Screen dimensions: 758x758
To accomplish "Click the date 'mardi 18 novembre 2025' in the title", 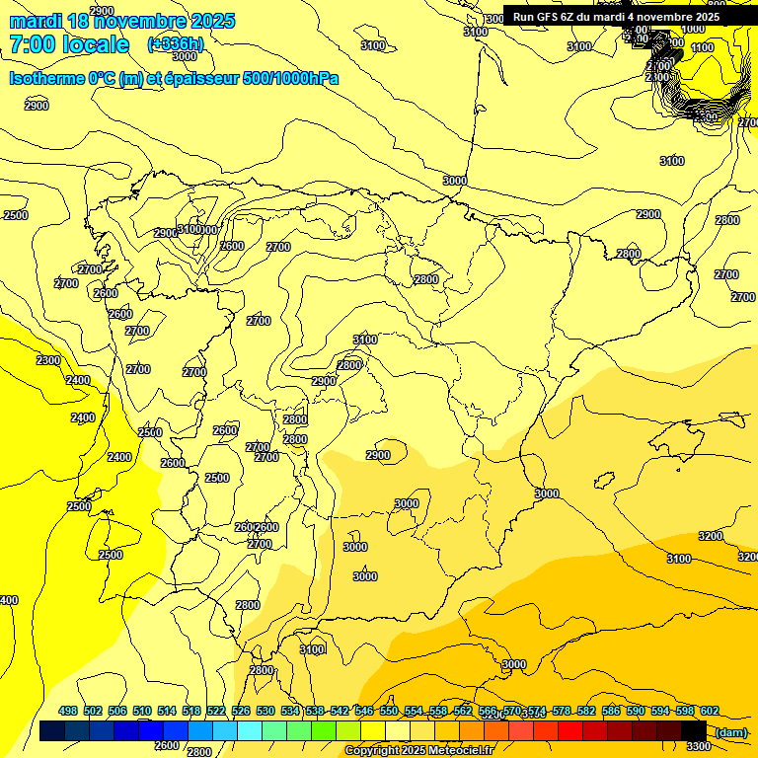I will (122, 21).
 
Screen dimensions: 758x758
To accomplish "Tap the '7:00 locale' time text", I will (69, 44).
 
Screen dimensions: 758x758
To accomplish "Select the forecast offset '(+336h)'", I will (176, 43).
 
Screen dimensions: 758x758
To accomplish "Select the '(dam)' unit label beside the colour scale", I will (730, 731).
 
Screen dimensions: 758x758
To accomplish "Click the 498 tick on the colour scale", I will (68, 711).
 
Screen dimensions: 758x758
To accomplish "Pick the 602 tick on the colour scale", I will (710, 711).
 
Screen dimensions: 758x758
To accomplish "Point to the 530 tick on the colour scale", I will (265, 711).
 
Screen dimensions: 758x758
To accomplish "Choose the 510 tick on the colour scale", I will (142, 711).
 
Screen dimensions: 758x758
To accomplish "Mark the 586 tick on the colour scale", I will (611, 711).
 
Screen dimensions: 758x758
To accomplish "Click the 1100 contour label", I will (702, 47).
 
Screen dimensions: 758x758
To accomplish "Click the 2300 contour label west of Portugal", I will (48, 360).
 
